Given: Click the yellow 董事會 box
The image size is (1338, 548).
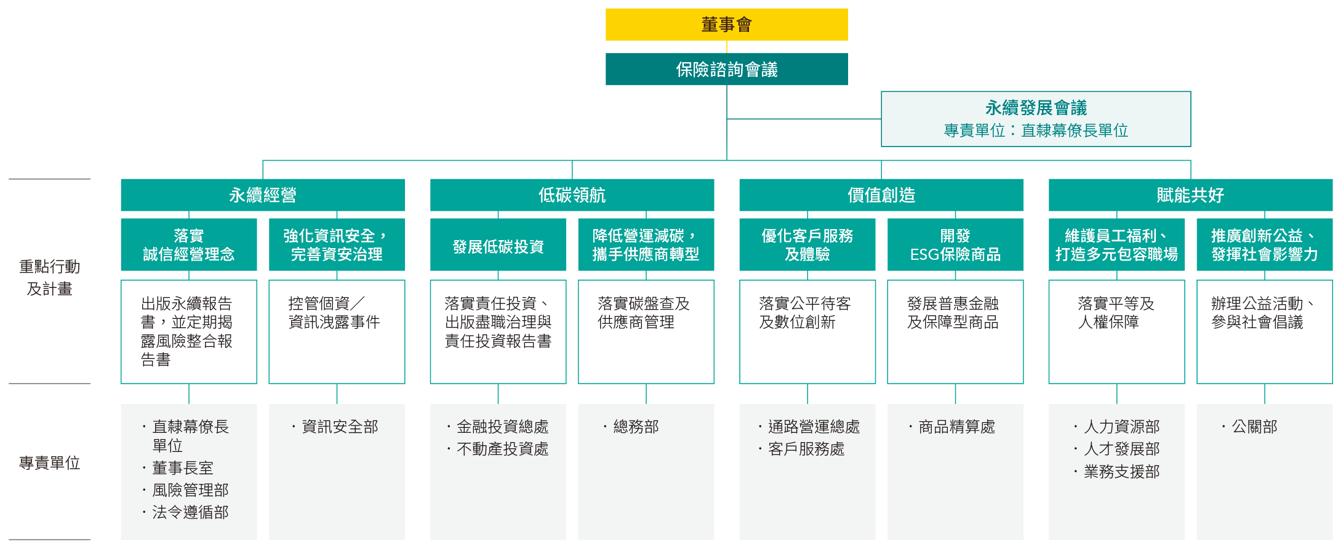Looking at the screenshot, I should coord(726,25).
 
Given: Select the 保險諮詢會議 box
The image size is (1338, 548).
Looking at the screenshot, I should coord(726,70).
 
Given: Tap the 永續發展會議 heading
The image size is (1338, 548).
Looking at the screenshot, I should coord(1036,108).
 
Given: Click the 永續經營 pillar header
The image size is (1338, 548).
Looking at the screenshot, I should coord(262,195).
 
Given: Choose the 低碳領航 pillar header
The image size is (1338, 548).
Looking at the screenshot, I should coord(572,195).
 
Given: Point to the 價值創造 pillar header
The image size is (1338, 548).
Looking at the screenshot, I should coord(881,195).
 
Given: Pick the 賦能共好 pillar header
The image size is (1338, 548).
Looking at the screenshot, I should coord(1190,195).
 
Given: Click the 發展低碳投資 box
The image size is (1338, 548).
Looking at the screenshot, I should coord(498,247).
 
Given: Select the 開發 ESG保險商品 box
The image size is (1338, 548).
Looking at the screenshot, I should coord(955,245).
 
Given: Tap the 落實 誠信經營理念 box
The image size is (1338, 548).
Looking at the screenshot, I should coord(188,245).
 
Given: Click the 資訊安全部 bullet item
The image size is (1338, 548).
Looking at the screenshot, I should coord(340,427).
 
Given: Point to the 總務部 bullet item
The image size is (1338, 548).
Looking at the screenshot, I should coord(636,427).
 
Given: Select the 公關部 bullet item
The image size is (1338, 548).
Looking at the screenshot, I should coord(1254,427).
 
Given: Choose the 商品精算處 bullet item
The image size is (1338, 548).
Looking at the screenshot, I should coord(956,427).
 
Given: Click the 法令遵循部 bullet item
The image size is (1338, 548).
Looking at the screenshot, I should coord(190,512).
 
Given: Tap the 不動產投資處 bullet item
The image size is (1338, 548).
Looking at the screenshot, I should coord(502,449).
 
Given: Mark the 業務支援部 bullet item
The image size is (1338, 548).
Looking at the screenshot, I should coord(1121,472).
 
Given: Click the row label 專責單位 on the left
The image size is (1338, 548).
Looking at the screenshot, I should coord(49,463).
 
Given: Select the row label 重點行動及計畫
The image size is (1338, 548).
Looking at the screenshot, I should coord(49,278).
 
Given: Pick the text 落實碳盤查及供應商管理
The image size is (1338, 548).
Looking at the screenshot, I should coord(643,313).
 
